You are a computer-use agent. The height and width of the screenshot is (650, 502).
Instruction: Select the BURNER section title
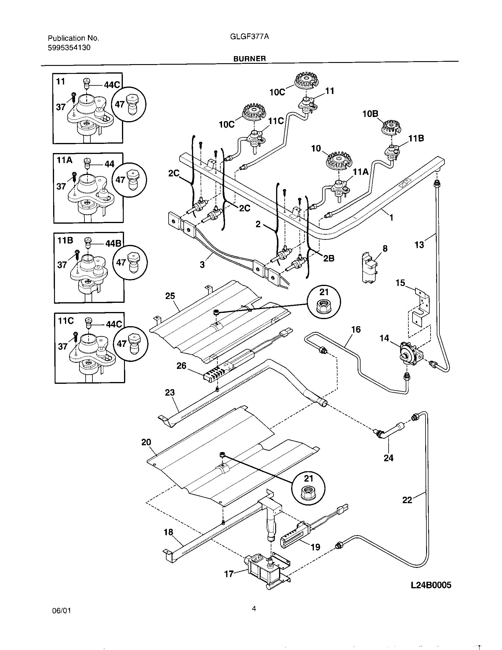click(250, 58)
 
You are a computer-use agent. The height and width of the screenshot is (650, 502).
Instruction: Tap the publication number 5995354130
click(69, 47)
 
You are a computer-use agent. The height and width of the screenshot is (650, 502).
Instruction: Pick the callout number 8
click(385, 248)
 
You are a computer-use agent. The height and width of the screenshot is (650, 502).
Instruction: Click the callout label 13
click(419, 245)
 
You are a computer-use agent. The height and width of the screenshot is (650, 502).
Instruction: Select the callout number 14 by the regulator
click(384, 338)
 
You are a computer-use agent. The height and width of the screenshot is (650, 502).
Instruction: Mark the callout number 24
click(388, 458)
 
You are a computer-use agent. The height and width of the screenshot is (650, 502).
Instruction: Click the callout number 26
click(181, 366)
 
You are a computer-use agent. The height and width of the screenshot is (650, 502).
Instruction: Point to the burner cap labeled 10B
click(391, 127)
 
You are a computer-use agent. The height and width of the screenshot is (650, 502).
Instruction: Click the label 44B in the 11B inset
click(113, 244)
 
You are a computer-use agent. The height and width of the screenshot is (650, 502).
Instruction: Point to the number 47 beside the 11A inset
click(120, 180)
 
